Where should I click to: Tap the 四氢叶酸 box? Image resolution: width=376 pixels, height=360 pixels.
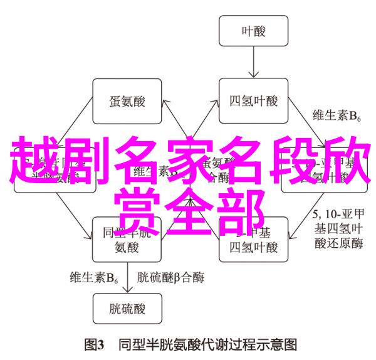point(253,100)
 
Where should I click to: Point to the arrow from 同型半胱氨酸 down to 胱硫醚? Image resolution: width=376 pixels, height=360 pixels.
point(130,276)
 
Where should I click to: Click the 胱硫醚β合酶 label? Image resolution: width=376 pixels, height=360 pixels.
point(170,276)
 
